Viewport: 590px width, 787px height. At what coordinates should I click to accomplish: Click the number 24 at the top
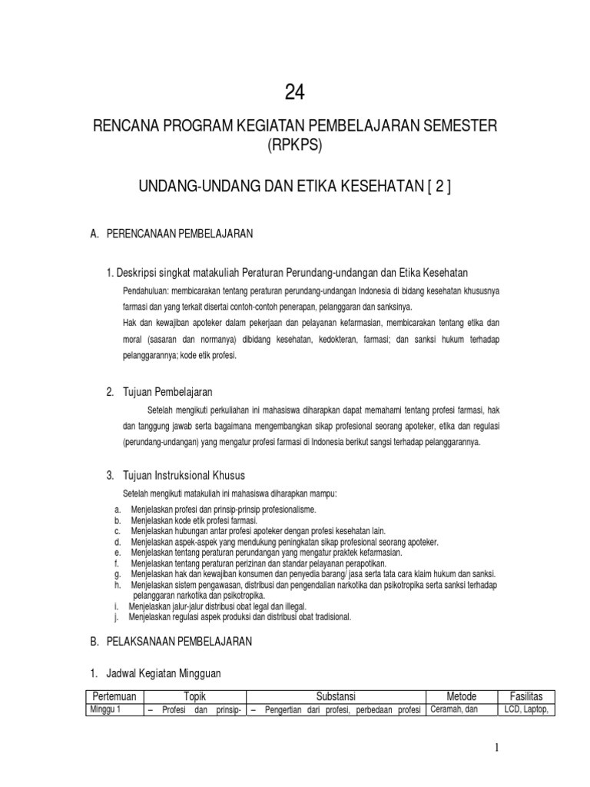(x=295, y=93)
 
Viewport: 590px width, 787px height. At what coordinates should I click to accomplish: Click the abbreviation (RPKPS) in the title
(x=294, y=145)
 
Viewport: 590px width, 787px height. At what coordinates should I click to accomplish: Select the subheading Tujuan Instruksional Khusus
(x=184, y=475)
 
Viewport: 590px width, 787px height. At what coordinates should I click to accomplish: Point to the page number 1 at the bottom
(x=497, y=748)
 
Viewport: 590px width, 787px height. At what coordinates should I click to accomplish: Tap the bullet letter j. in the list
(x=115, y=616)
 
